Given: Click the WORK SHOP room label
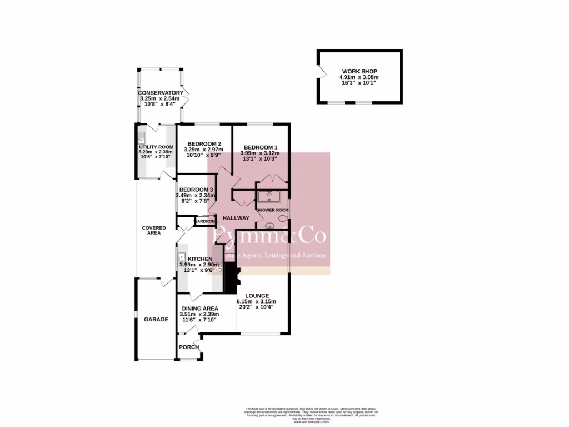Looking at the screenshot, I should tap(360, 72).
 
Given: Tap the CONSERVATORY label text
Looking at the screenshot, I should tap(161, 93).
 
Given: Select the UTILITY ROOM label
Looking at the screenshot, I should tap(156, 147).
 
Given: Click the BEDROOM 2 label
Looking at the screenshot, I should tap(204, 143).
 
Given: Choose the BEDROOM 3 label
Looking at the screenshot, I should tap(196, 190).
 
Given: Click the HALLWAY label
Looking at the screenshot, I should tap(236, 218).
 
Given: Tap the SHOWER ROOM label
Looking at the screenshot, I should tap(272, 210).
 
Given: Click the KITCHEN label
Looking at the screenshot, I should tap(199, 259).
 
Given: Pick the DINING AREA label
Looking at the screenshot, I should tap(199, 309).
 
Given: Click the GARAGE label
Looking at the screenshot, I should tap(156, 320).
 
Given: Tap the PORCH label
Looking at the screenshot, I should tap(189, 347).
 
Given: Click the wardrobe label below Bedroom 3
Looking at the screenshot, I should tap(204, 221).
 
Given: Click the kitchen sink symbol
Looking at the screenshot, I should tap(181, 257).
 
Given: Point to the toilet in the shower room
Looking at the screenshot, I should tap(271, 226).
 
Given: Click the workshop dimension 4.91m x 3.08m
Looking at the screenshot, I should tap(360, 77).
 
